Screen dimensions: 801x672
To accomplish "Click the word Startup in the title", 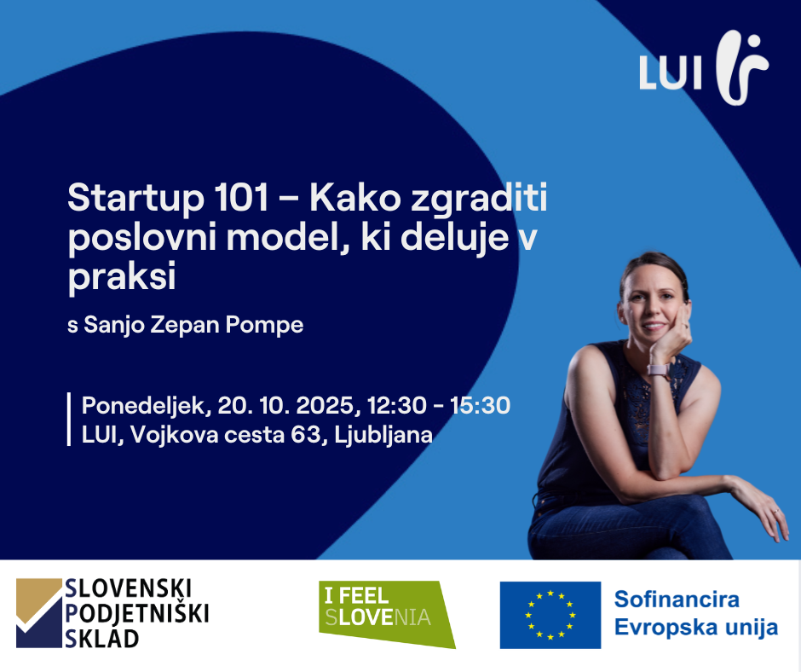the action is [135, 200].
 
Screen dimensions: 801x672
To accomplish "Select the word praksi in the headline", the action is [122, 277].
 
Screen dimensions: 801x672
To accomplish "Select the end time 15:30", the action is [480, 406].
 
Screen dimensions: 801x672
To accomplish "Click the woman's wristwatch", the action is [660, 370].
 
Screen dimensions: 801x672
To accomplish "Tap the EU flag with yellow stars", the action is [550, 615].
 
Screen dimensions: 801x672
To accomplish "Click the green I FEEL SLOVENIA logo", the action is [387, 614].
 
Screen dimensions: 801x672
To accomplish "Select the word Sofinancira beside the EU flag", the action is [677, 600].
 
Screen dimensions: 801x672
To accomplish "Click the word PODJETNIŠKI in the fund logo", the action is [137, 613].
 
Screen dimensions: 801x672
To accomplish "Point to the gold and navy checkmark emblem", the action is [39, 613].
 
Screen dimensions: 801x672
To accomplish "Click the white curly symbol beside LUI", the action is [741, 67].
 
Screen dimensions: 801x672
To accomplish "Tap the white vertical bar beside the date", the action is [69, 420].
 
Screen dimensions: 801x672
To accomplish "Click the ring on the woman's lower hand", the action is [776, 511].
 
